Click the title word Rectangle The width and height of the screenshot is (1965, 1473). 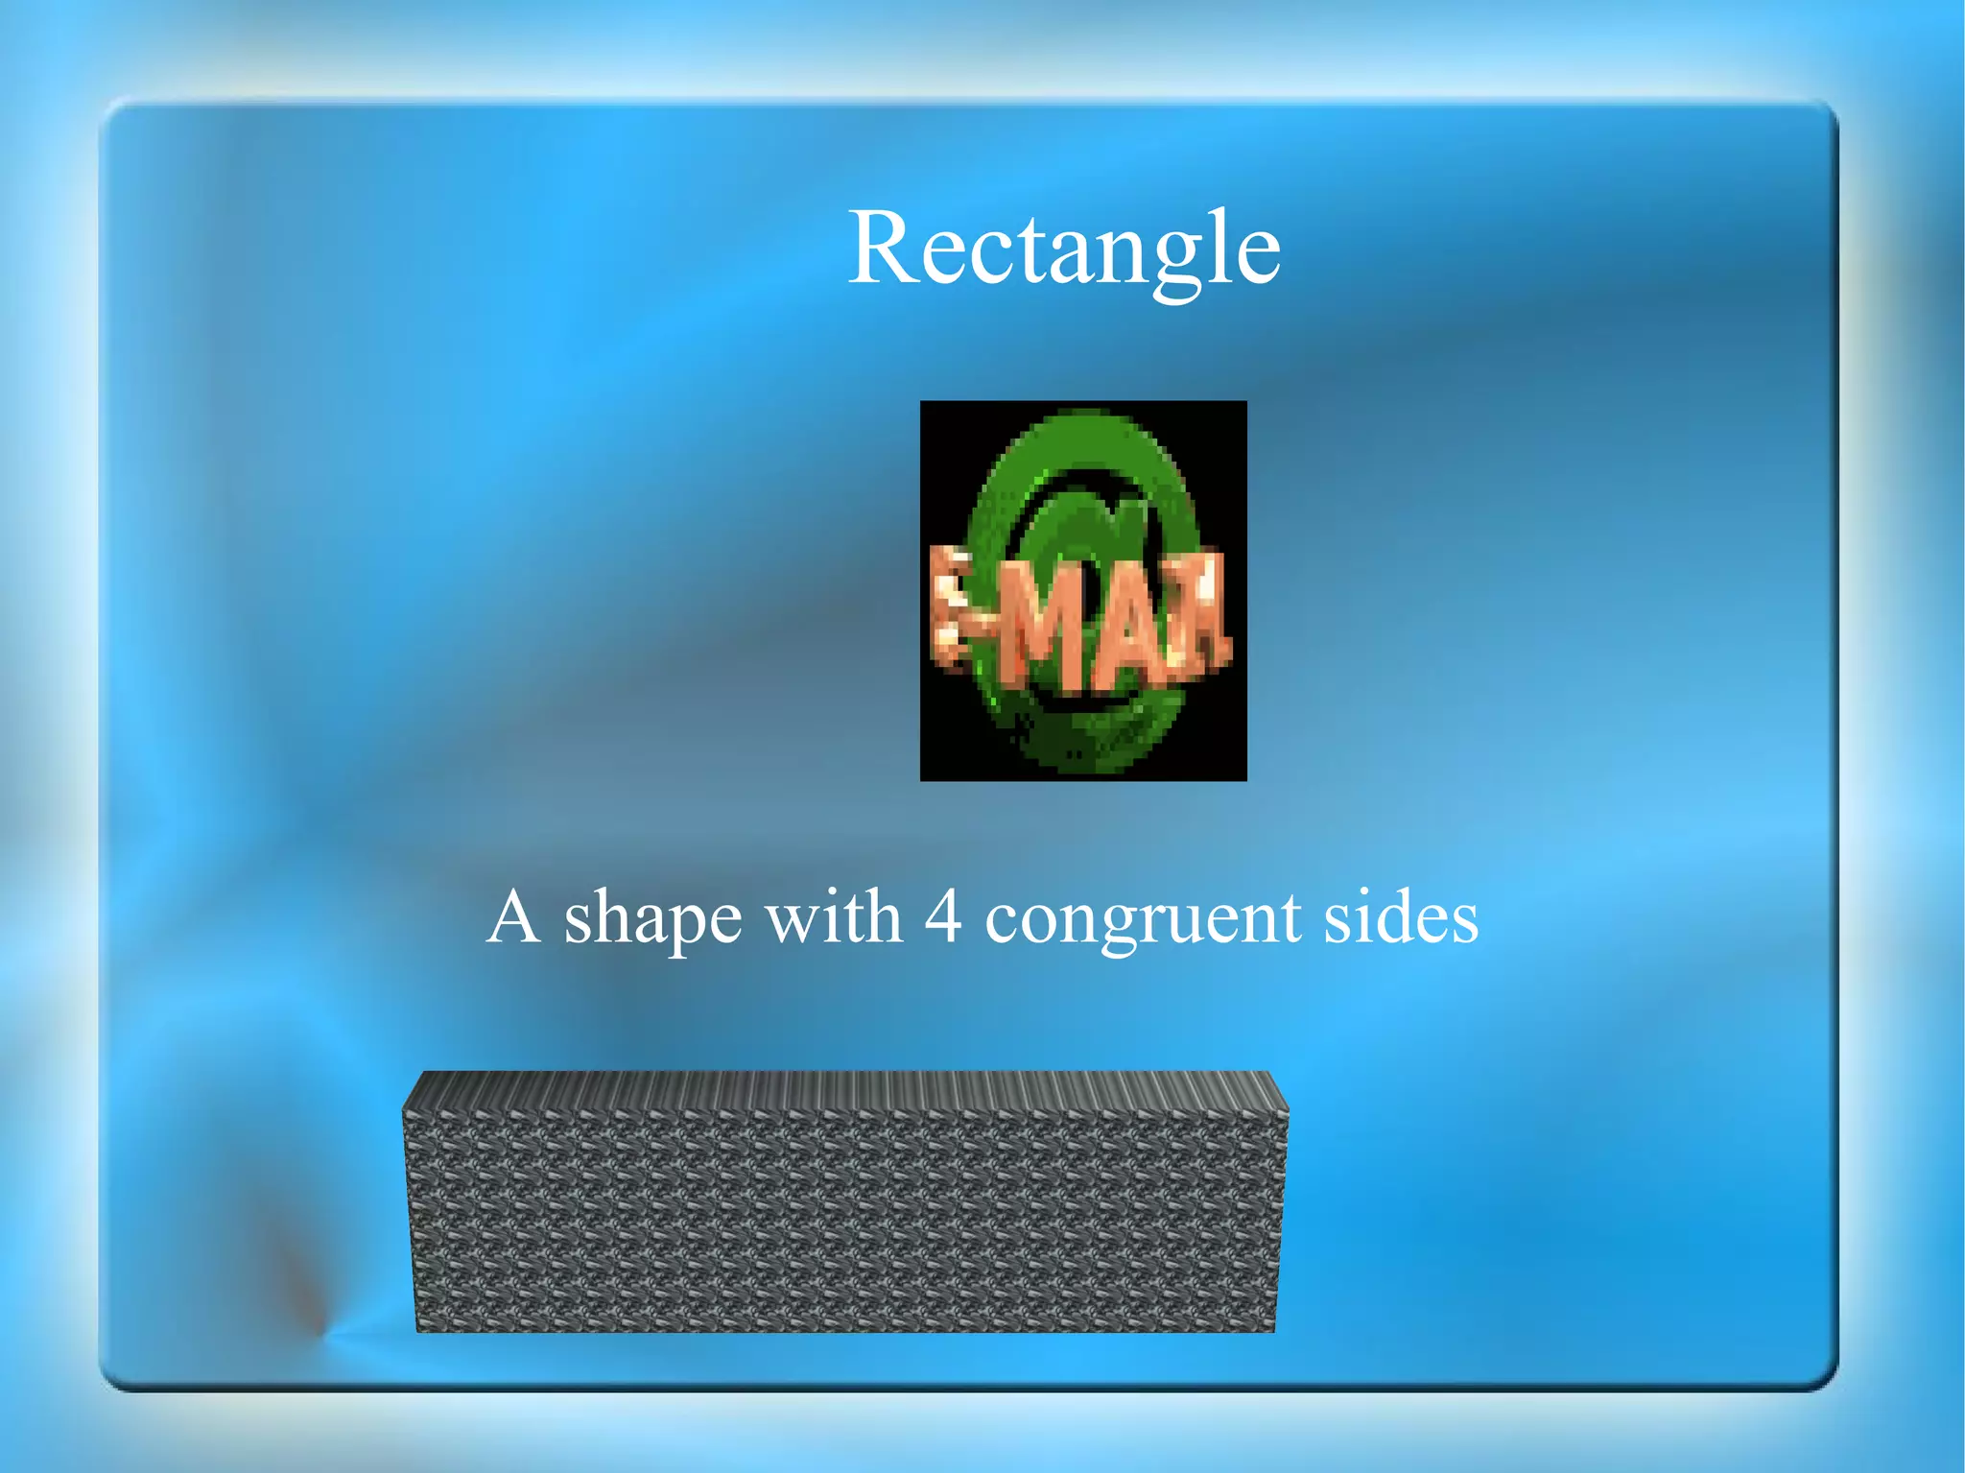(x=1064, y=249)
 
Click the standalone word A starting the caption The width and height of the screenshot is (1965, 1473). (x=512, y=917)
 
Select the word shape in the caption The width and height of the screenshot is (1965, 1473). (x=652, y=921)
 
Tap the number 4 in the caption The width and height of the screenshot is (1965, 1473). (x=943, y=917)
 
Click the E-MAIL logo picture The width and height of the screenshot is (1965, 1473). (x=1083, y=590)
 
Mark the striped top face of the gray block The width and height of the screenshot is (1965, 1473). (x=844, y=1090)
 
